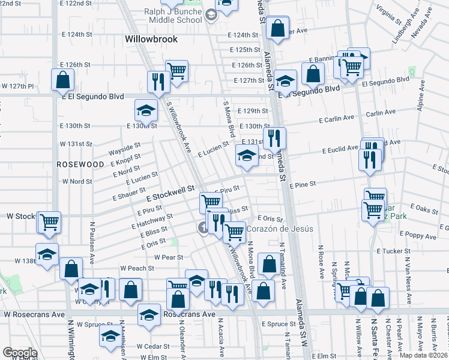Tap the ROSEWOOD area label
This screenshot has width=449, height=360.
pos(80,164)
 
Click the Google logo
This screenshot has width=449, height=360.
pos(20,353)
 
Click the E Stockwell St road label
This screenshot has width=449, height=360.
pos(171,191)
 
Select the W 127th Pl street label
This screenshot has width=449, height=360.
pos(17,86)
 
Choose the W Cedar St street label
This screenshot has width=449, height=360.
pos(151,346)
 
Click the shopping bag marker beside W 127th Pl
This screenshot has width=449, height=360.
pos(63,80)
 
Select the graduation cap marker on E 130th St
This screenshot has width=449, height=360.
pos(145,110)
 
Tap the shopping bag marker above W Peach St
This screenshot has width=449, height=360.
pos(71,269)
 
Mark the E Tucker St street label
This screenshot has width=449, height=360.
pos(393,251)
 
